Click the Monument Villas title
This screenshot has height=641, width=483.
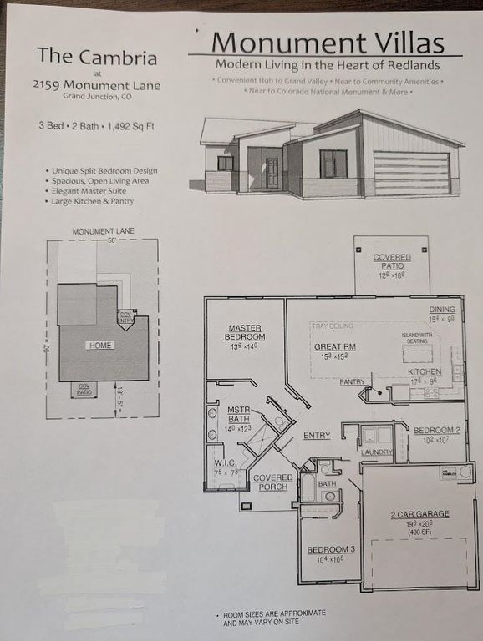pyautogui.click(x=327, y=42)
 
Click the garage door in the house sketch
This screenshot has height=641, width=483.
pyautogui.click(x=411, y=173)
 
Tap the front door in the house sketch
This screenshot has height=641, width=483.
pyautogui.click(x=272, y=172)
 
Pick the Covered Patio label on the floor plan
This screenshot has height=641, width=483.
pyautogui.click(x=391, y=262)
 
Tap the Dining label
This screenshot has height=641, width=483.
pyautogui.click(x=442, y=310)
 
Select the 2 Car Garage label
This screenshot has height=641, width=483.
pyautogui.click(x=420, y=514)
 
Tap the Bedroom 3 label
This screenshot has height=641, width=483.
pyautogui.click(x=332, y=549)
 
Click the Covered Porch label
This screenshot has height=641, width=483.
pyautogui.click(x=273, y=482)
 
